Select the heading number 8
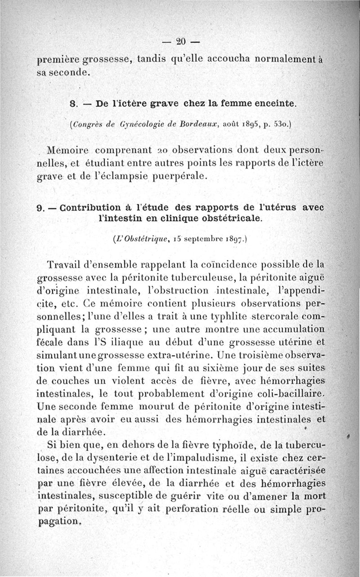pos(72,103)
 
